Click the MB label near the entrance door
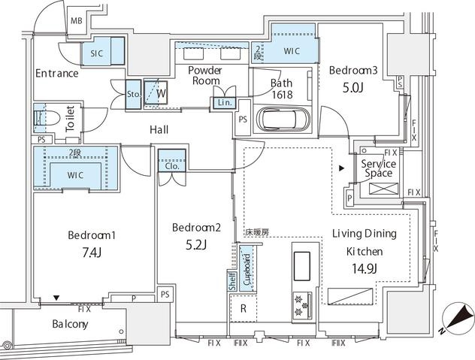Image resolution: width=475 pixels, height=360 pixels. (x=77, y=21)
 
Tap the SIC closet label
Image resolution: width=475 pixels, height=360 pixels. (x=97, y=53)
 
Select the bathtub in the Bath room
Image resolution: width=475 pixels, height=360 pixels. (x=283, y=119)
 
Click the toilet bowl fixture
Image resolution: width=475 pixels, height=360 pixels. (x=47, y=117)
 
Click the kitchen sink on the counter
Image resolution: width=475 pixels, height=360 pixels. (x=301, y=266)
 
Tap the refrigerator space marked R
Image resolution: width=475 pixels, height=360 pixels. (x=244, y=308)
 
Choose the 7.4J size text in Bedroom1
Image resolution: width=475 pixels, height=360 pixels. (x=92, y=251)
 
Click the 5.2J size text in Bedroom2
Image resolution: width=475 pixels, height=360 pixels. (x=196, y=244)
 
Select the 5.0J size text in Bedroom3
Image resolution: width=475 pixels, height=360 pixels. (x=353, y=87)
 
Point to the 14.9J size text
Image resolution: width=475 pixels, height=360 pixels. (x=365, y=268)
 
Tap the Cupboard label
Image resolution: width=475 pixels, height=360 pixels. (x=247, y=270)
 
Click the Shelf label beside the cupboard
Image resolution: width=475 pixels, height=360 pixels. (x=232, y=281)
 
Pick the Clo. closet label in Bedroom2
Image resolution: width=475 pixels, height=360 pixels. (x=172, y=166)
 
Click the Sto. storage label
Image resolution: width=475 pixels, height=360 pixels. (x=134, y=94)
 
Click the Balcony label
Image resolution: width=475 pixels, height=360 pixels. (x=71, y=324)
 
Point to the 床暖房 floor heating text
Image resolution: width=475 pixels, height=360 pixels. (x=257, y=232)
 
